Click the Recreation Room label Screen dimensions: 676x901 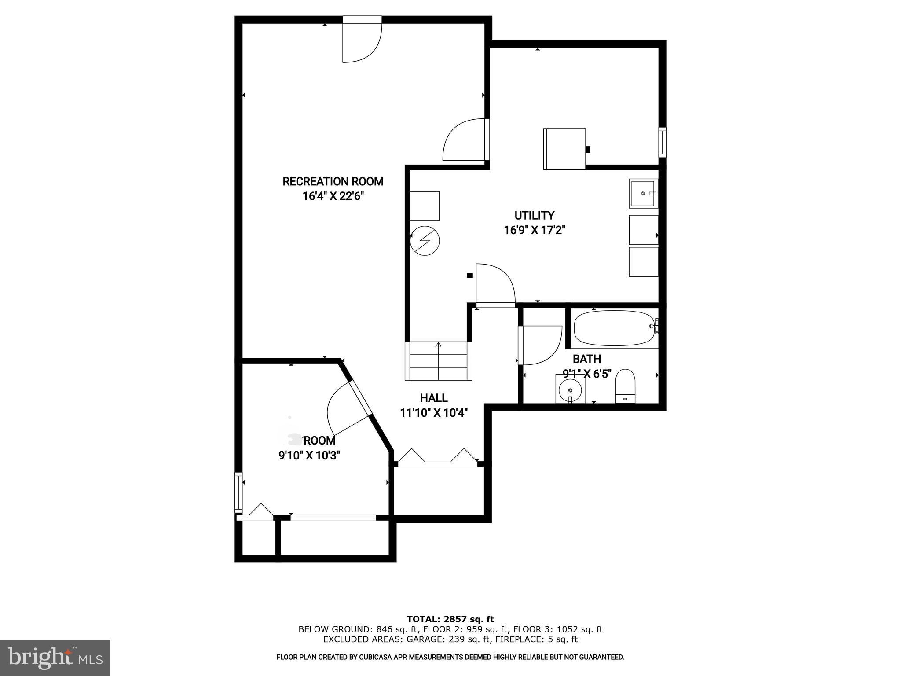tap(333, 181)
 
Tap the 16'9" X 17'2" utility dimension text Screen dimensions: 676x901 tap(534, 230)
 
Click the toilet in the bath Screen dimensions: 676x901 tap(625, 386)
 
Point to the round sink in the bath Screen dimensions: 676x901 tap(570, 390)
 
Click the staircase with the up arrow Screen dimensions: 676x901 tap(438, 361)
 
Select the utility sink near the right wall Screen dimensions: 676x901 tap(643, 193)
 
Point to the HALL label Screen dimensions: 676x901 tap(434, 398)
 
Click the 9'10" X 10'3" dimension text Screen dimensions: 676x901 tap(309, 455)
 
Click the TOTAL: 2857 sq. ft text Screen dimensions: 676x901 tap(450, 619)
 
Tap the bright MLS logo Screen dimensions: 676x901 tap(55, 658)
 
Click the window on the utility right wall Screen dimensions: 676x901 tap(662, 142)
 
